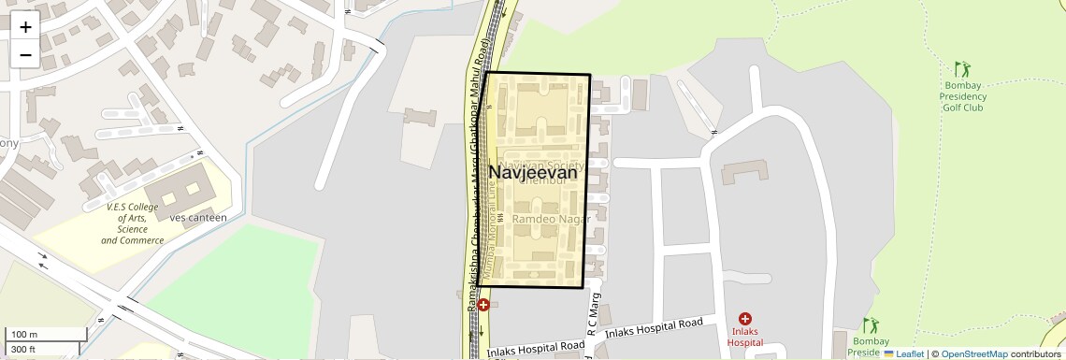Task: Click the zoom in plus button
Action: pos(25,26)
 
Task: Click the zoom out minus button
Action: pos(25,54)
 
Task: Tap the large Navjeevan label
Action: pos(533,173)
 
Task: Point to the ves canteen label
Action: pos(198,218)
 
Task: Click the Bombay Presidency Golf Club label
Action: pos(962,96)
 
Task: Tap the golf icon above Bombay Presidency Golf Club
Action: pos(962,69)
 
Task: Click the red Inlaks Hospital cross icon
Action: pos(745,320)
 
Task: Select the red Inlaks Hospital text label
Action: pos(745,338)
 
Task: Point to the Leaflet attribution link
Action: pos(903,353)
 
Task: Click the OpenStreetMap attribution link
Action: pos(973,353)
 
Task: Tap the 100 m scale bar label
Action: pos(24,335)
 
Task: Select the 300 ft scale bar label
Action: pos(23,350)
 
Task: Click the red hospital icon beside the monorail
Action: pos(483,305)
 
